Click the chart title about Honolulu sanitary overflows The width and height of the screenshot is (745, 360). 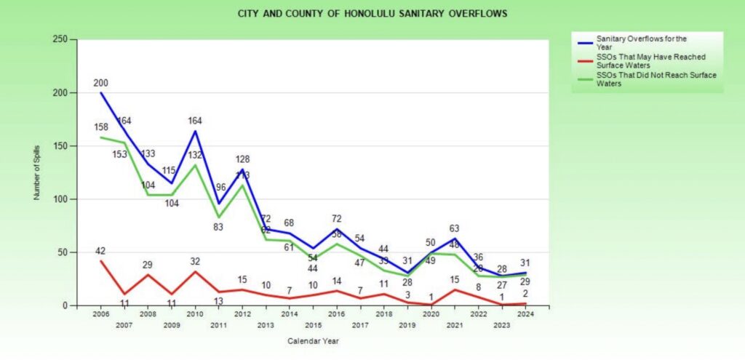tap(372, 13)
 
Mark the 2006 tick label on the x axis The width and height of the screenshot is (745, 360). tap(101, 314)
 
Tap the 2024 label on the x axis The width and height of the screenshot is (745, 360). tap(525, 314)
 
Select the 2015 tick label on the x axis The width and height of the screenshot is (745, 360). tap(314, 325)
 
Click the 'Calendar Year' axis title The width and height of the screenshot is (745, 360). tap(314, 340)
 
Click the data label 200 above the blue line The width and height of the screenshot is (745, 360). tap(101, 83)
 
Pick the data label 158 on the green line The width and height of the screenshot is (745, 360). tap(101, 127)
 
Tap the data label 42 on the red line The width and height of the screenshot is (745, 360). tap(101, 251)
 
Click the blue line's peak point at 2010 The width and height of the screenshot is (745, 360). tap(195, 131)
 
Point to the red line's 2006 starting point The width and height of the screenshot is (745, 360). tap(101, 261)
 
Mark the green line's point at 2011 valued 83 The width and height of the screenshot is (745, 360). tap(218, 217)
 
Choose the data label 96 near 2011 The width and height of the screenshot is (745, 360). tap(219, 187)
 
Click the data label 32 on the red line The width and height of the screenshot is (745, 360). tap(195, 261)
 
